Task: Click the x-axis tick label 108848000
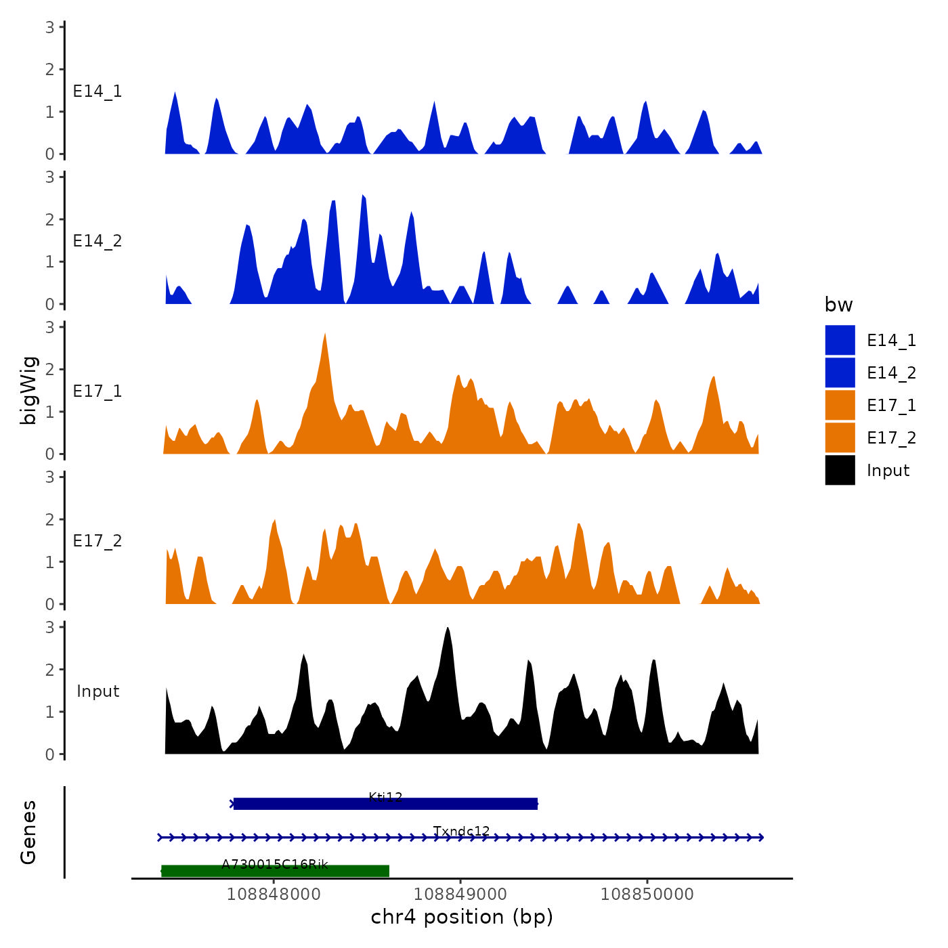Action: (x=274, y=894)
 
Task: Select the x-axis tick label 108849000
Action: (x=460, y=894)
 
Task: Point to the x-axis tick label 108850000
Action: (x=647, y=894)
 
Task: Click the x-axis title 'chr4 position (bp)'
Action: (x=462, y=917)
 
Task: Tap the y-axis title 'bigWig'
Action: (x=28, y=390)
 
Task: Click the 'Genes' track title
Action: (x=28, y=832)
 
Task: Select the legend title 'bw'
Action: (x=838, y=305)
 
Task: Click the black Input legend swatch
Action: (x=840, y=470)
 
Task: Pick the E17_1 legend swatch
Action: (x=840, y=405)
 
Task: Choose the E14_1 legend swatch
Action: (x=840, y=340)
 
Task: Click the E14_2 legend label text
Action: (x=891, y=373)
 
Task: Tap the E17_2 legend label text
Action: (x=891, y=438)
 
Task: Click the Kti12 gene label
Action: (x=385, y=797)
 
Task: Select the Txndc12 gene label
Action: (x=461, y=831)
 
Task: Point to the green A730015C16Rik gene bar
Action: (x=276, y=871)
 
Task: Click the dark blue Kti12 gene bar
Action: (x=385, y=804)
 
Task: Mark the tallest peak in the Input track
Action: (x=447, y=629)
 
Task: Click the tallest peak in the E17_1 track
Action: (x=326, y=335)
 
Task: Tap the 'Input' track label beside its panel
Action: (x=98, y=691)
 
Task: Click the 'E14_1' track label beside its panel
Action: (x=98, y=91)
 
